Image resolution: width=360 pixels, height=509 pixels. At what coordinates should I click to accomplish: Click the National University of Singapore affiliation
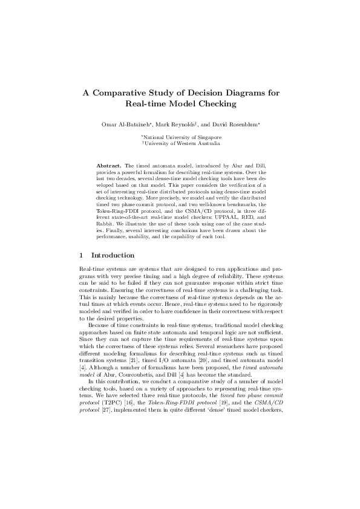tap(180, 138)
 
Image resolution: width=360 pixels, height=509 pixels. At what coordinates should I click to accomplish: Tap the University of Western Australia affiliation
tap(180, 144)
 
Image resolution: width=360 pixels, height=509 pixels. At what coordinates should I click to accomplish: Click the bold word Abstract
tap(109, 164)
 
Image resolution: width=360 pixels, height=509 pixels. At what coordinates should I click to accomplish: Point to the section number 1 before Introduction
tap(82, 256)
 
